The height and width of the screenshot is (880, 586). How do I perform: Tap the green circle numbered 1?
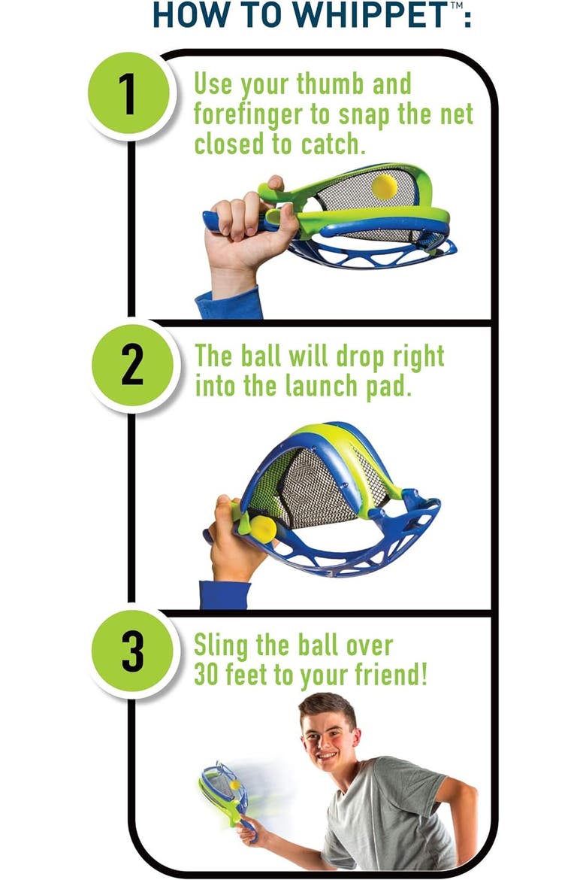coord(129,94)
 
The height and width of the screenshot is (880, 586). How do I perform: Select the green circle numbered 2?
coord(132,366)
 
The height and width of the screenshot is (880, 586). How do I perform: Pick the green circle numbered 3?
coord(132,653)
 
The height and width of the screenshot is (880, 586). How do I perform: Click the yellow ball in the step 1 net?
coord(385,187)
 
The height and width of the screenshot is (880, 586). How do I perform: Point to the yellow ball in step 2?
coord(262,530)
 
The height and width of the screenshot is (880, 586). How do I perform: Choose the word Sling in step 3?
coord(221,647)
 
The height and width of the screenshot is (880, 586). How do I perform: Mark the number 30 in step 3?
coord(206,675)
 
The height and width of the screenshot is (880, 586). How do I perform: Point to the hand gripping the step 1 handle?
coord(246,235)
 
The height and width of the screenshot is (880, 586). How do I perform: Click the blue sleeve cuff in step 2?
coord(225,595)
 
